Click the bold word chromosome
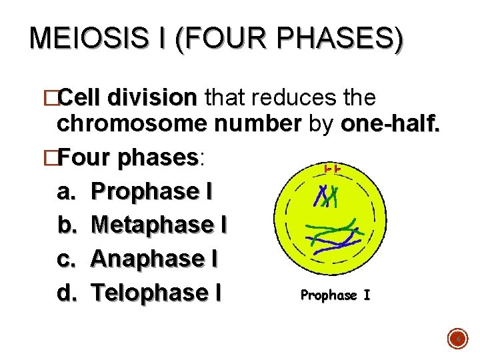coord(131,124)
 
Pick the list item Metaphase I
coord(159,225)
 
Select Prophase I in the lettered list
coord(151,192)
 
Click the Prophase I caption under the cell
coord(335,295)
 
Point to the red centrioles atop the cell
coord(333,170)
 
